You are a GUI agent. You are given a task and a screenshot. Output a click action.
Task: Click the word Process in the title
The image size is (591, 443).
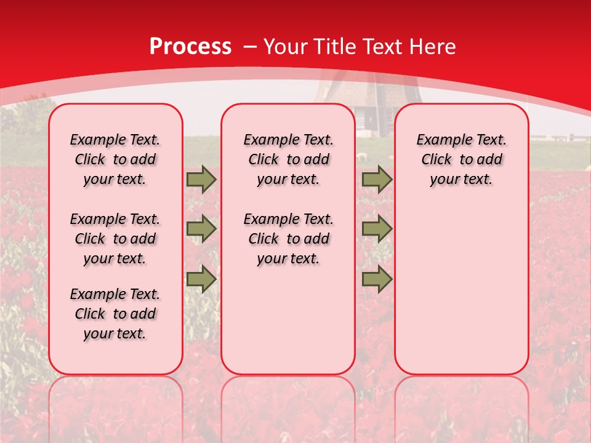pyautogui.click(x=190, y=47)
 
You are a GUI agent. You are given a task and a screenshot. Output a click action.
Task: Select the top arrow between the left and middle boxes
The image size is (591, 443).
pyautogui.click(x=201, y=180)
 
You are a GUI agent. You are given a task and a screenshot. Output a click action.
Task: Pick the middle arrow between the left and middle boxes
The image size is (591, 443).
pyautogui.click(x=201, y=229)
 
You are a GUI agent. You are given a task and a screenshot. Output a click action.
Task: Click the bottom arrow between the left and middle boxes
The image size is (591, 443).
pyautogui.click(x=201, y=279)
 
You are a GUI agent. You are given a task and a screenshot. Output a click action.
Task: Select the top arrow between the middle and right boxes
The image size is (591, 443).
pyautogui.click(x=377, y=180)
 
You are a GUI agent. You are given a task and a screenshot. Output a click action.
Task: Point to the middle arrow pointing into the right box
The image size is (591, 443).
pyautogui.click(x=377, y=229)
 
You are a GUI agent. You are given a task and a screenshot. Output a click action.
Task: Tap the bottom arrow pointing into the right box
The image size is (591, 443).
pyautogui.click(x=377, y=279)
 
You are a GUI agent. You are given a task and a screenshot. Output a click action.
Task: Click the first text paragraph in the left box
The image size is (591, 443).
pyautogui.click(x=115, y=159)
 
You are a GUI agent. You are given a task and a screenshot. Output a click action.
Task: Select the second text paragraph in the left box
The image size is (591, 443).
pyautogui.click(x=115, y=239)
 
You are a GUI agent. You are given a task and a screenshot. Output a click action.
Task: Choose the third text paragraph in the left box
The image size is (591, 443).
pyautogui.click(x=115, y=314)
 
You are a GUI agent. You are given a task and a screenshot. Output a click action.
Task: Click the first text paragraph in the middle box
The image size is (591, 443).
pyautogui.click(x=288, y=159)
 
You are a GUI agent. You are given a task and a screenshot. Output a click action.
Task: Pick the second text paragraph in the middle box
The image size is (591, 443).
pyautogui.click(x=288, y=239)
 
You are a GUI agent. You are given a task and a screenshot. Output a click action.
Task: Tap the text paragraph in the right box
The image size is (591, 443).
pyautogui.click(x=461, y=159)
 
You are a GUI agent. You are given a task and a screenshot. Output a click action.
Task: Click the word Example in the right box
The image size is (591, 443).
pyautogui.click(x=440, y=140)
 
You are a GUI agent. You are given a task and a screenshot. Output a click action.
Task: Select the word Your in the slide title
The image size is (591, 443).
pyautogui.click(x=286, y=47)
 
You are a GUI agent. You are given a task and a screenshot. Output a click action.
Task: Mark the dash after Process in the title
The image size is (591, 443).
pyautogui.click(x=250, y=47)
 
